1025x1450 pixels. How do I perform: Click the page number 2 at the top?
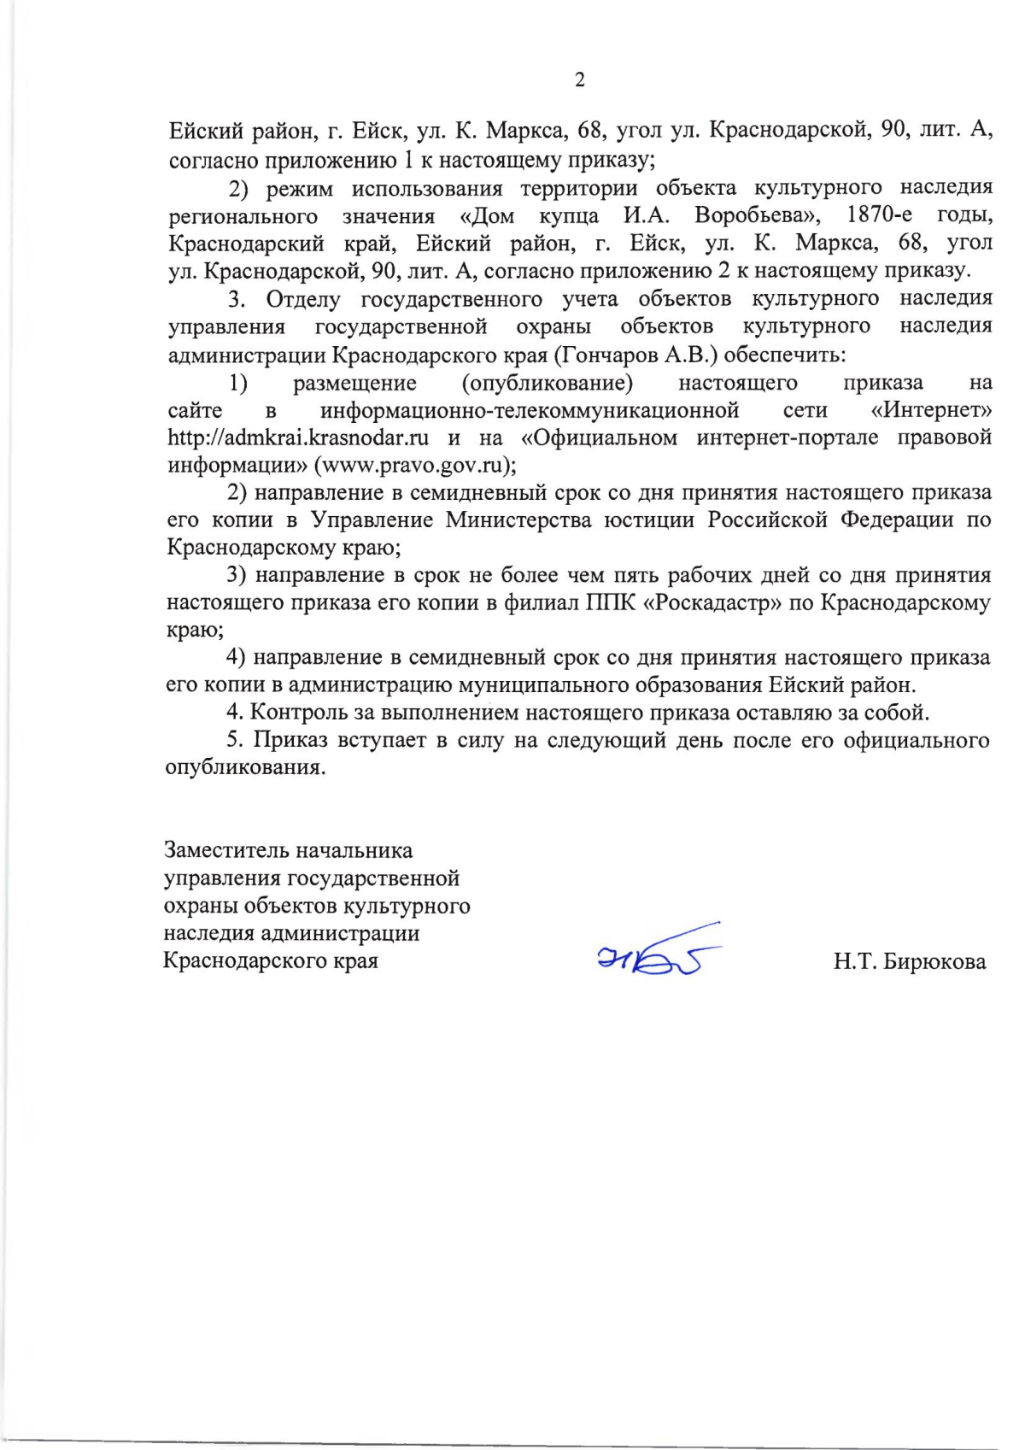tap(580, 80)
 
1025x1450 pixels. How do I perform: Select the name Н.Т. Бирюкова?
tap(909, 962)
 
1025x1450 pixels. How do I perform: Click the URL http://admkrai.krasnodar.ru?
tap(298, 438)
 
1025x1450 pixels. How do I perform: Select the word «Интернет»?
tap(931, 411)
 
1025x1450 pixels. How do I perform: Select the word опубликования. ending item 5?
tap(245, 767)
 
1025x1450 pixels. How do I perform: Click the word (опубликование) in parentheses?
tap(548, 383)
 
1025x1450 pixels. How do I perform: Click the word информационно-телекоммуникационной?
tap(530, 411)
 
